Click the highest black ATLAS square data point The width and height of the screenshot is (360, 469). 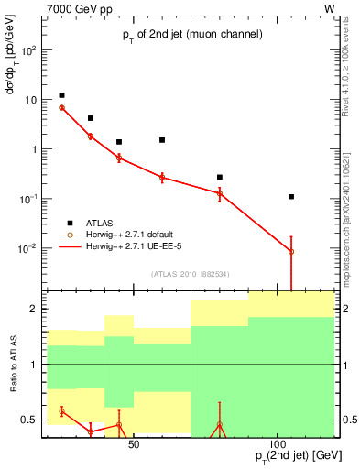point(61,95)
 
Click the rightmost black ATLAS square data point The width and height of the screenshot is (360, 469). point(291,196)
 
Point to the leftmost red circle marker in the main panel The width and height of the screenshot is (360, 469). point(61,107)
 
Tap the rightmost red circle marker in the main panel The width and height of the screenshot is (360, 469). point(291,251)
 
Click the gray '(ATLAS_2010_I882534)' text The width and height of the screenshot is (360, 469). point(189,273)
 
